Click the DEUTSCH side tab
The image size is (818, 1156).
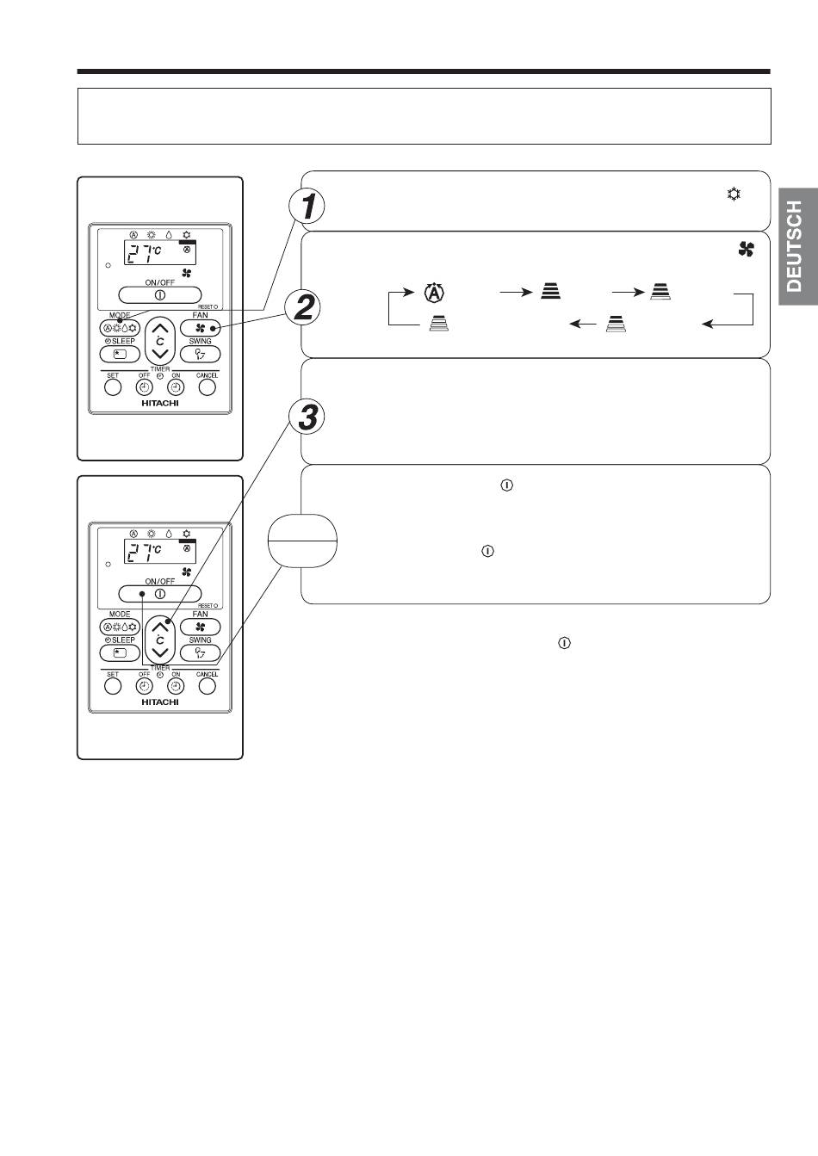click(x=798, y=247)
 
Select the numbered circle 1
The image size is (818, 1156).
click(x=307, y=206)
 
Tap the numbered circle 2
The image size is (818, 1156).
click(x=303, y=307)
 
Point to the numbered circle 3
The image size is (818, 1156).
click(x=307, y=417)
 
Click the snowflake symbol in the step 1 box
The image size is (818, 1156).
click(x=734, y=195)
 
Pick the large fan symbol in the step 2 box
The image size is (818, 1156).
click(x=747, y=250)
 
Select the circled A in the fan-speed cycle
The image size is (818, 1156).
click(x=435, y=293)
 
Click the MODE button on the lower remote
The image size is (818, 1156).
click(x=120, y=627)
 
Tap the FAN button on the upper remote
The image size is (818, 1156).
click(x=201, y=328)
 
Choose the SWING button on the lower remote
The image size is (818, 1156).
click(x=201, y=652)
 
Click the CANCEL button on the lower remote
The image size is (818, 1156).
click(x=207, y=686)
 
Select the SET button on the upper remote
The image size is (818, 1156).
click(x=113, y=387)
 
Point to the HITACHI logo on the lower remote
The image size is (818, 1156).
click(x=160, y=702)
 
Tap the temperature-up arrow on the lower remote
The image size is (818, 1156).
click(x=160, y=627)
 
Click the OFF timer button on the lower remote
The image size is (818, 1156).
click(x=145, y=686)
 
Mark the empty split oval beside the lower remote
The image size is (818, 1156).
click(x=302, y=541)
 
